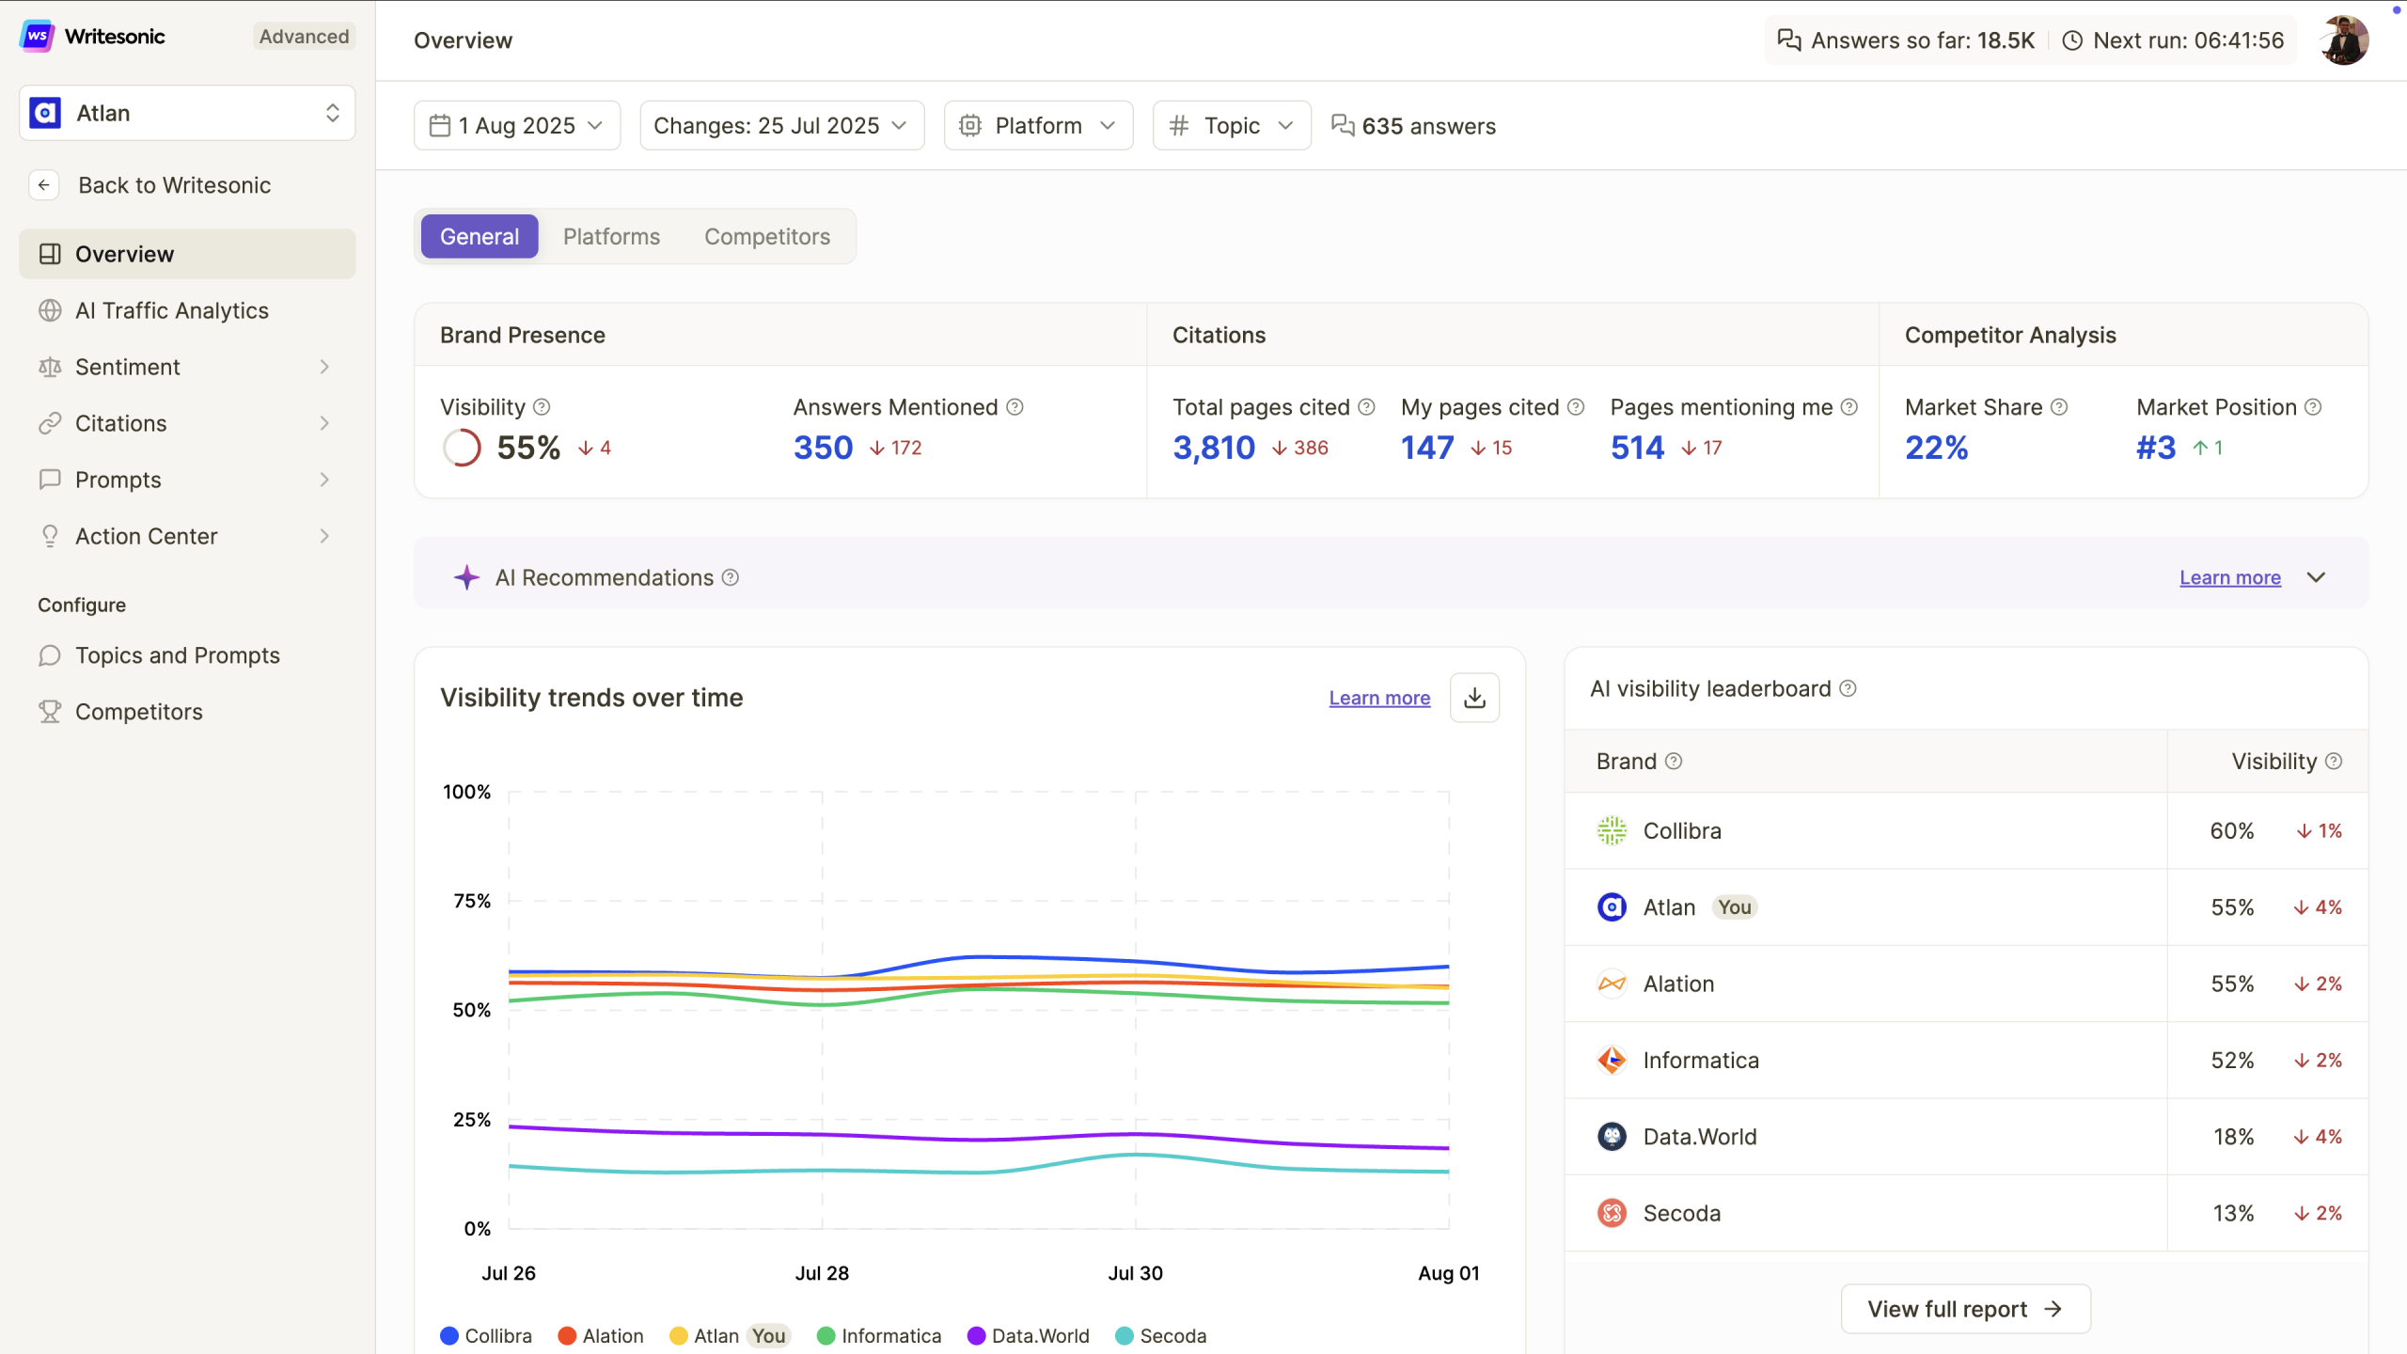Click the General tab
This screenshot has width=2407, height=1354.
coord(479,237)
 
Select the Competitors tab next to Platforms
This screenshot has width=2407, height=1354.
coord(766,237)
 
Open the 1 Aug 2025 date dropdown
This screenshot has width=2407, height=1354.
coord(516,126)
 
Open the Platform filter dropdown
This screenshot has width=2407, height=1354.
coord(1037,126)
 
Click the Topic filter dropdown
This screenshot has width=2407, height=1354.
coord(1231,126)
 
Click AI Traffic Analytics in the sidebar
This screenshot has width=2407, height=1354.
coord(171,310)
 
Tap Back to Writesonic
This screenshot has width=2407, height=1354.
coord(174,185)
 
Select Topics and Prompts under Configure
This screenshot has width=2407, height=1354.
coord(177,655)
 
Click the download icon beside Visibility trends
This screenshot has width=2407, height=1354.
coord(1473,698)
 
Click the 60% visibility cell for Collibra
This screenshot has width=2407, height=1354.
coord(2231,831)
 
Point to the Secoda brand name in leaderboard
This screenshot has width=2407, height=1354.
coord(1681,1213)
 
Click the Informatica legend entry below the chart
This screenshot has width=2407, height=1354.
coord(889,1336)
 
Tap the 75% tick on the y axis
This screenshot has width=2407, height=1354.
coord(471,901)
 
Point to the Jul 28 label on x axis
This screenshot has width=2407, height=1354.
coord(821,1273)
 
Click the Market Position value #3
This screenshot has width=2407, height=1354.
coord(2155,448)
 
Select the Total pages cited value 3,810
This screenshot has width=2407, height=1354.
coord(1213,448)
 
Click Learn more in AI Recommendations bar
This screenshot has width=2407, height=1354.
coord(2229,577)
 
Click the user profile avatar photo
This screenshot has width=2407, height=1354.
coord(2344,40)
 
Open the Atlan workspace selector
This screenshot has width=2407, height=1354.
coord(187,113)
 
